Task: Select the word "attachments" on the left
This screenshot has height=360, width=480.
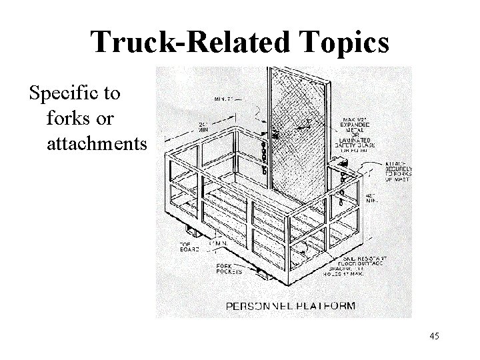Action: (95, 143)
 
